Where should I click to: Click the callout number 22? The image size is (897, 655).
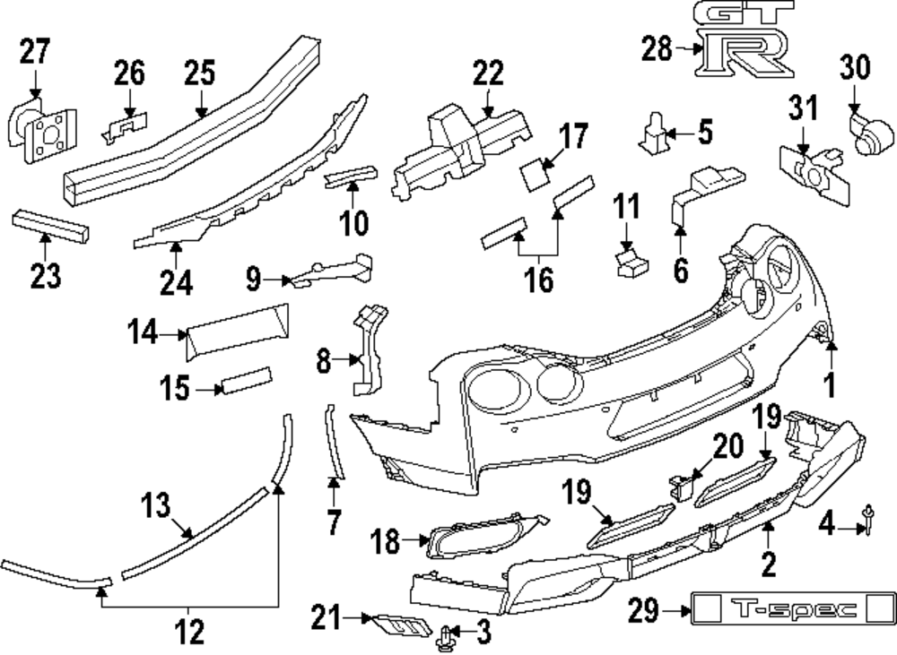[x=488, y=73]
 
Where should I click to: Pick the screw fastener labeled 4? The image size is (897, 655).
[x=868, y=520]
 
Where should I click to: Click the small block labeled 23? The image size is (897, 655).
[x=51, y=224]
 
